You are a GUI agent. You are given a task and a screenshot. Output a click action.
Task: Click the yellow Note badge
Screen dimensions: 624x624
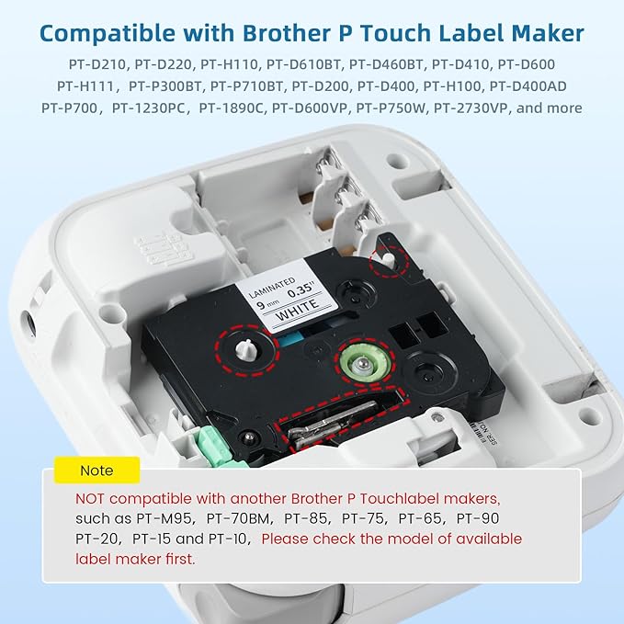pyautogui.click(x=96, y=471)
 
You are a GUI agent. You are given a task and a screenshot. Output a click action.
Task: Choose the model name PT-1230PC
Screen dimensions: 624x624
pyautogui.click(x=153, y=108)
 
